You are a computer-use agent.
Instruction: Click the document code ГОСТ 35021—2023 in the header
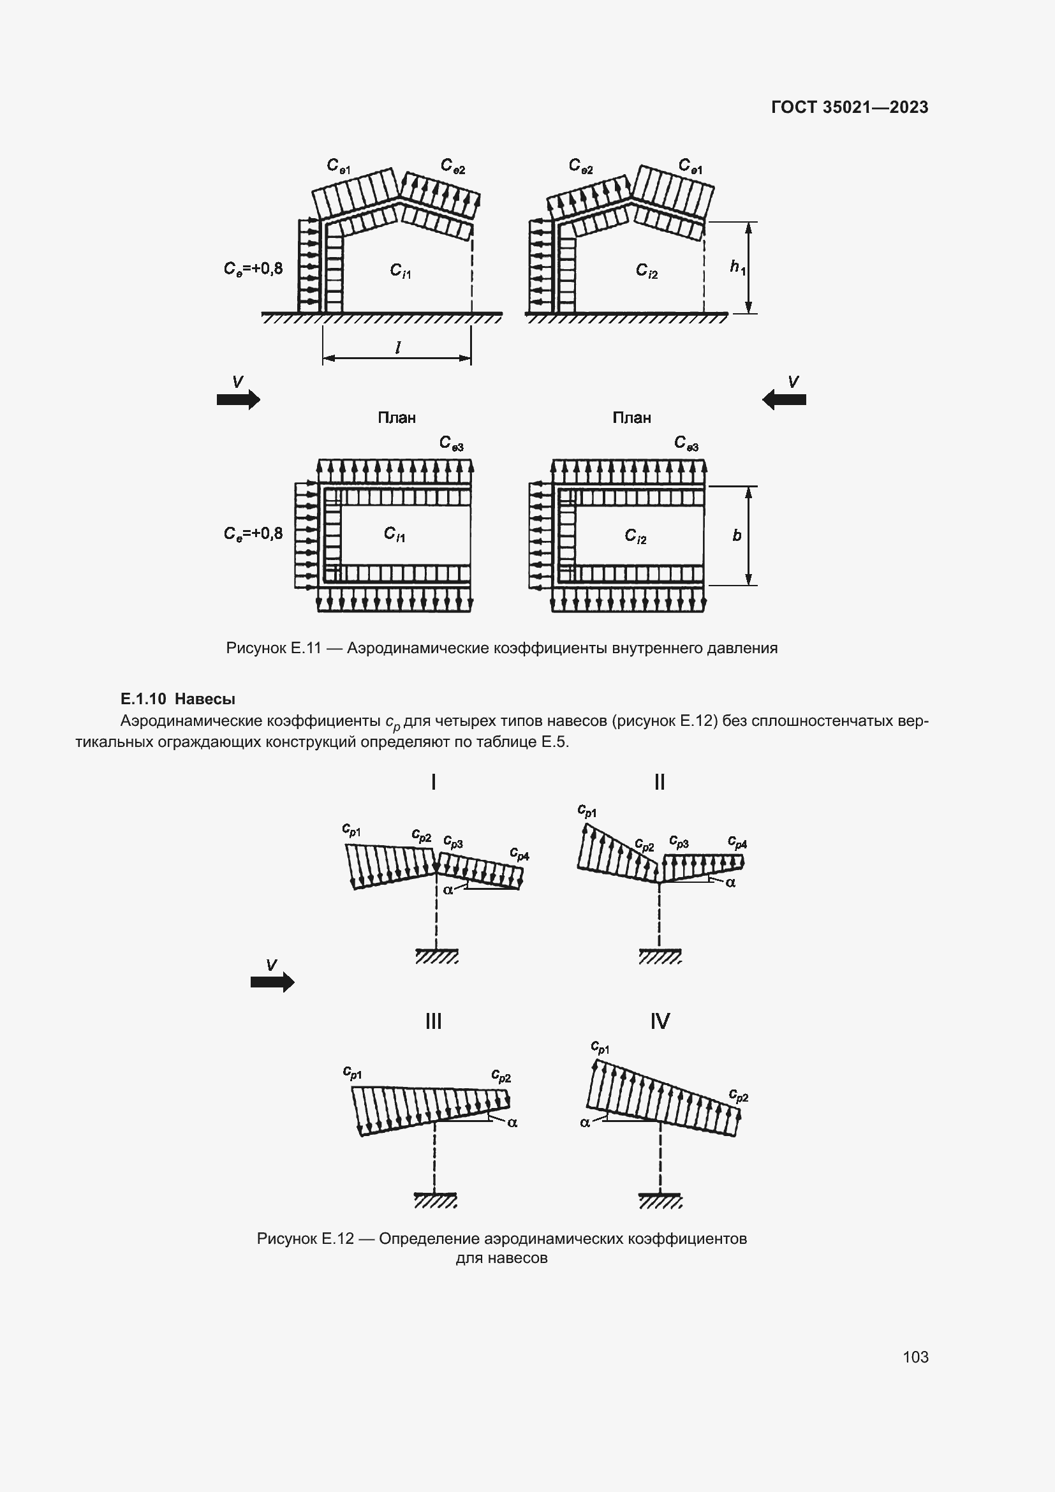[849, 107]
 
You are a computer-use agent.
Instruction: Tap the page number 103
[915, 1357]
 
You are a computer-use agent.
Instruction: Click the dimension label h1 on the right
[737, 267]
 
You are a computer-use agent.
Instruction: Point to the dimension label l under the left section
[397, 348]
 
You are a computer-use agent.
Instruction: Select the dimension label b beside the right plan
[737, 535]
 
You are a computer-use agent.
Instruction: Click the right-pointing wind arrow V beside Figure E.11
[239, 399]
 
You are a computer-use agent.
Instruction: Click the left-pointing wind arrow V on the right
[784, 399]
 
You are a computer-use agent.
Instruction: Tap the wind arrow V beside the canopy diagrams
[272, 982]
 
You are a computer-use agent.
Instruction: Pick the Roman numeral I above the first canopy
[433, 782]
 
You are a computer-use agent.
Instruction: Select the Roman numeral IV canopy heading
[660, 1021]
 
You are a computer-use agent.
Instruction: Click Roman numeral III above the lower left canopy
[433, 1021]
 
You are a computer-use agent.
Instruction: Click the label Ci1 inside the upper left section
[400, 270]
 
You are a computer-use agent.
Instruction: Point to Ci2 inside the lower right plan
[635, 535]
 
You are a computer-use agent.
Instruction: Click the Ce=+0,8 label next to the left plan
[253, 534]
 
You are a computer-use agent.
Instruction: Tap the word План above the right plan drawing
[631, 418]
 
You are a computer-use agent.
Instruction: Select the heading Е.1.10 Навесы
[178, 699]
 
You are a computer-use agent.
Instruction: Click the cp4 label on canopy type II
[737, 843]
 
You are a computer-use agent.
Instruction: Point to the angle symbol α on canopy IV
[585, 1122]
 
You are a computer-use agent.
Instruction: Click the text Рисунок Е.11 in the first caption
[274, 648]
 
